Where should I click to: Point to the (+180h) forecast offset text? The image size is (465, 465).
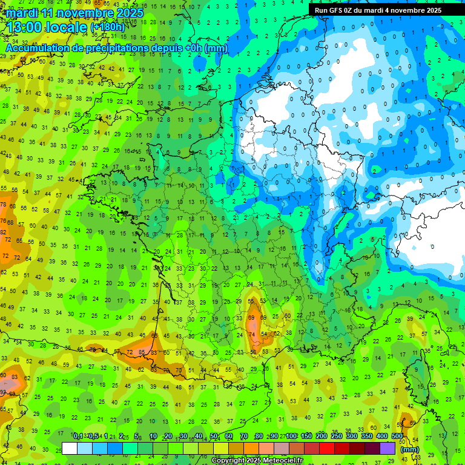108,27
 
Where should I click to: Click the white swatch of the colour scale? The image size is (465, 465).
70,449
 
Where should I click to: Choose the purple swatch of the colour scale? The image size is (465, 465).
388,449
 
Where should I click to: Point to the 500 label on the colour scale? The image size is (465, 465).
397,437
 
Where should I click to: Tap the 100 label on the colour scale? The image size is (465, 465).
291,437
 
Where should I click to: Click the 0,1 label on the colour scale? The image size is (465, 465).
77,437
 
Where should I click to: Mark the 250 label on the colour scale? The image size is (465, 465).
336,437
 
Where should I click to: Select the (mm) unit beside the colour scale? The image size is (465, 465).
410,449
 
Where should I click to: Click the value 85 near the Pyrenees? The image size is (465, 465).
142,352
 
